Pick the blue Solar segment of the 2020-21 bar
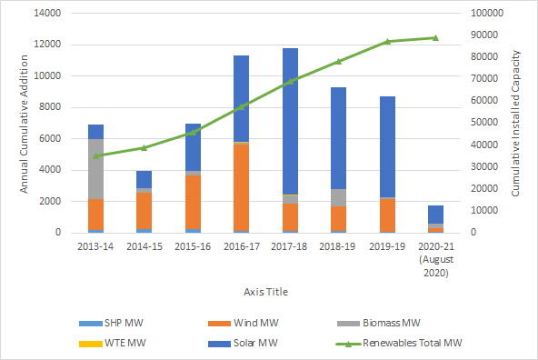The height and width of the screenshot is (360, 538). pyautogui.click(x=435, y=215)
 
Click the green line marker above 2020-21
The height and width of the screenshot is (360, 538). pyautogui.click(x=435, y=38)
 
